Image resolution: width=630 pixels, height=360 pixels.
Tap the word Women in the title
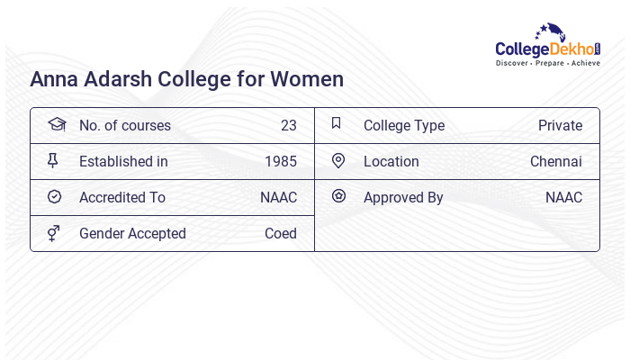pyautogui.click(x=310, y=79)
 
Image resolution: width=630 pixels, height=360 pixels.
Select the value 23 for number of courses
pyautogui.click(x=289, y=126)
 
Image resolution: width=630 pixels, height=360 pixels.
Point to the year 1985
pyautogui.click(x=281, y=162)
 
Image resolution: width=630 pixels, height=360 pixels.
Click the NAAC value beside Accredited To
pyautogui.click(x=278, y=198)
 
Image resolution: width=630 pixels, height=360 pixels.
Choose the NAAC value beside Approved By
pyautogui.click(x=563, y=198)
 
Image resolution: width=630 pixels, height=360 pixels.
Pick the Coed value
pyautogui.click(x=281, y=234)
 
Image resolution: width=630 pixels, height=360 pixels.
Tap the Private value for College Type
pyautogui.click(x=560, y=126)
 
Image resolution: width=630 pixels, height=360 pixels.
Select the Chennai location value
pyautogui.click(x=556, y=162)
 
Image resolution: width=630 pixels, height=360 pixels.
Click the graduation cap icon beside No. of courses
pyautogui.click(x=57, y=124)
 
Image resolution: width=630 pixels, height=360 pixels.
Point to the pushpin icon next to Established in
pyautogui.click(x=52, y=161)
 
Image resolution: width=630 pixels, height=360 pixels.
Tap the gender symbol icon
pyautogui.click(x=53, y=233)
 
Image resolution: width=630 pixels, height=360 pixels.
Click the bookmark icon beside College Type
pyautogui.click(x=337, y=123)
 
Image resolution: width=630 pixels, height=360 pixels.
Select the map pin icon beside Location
pyautogui.click(x=338, y=160)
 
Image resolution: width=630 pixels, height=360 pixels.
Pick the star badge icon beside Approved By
pyautogui.click(x=338, y=195)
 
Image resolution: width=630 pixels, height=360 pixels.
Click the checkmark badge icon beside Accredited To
pyautogui.click(x=54, y=196)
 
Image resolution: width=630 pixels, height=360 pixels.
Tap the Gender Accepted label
pyautogui.click(x=132, y=234)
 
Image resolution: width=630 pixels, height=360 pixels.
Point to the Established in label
pyautogui.click(x=123, y=162)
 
